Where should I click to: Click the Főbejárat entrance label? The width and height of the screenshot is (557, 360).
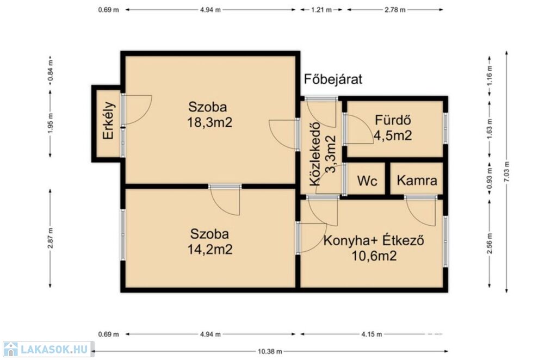pyautogui.click(x=333, y=79)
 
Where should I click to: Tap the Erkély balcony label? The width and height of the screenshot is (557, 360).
pyautogui.click(x=108, y=120)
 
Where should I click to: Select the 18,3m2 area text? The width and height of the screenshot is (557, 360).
pyautogui.click(x=209, y=122)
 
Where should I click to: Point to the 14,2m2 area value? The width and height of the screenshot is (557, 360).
pyautogui.click(x=210, y=249)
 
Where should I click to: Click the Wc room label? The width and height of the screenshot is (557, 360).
pyautogui.click(x=367, y=181)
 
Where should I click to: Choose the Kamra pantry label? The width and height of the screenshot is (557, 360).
pyautogui.click(x=417, y=181)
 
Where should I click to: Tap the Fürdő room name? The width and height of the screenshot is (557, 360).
pyautogui.click(x=393, y=120)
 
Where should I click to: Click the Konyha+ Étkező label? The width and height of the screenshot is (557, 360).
pyautogui.click(x=374, y=240)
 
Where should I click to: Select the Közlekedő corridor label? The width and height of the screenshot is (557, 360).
pyautogui.click(x=315, y=154)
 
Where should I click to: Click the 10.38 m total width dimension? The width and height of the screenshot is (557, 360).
pyautogui.click(x=270, y=351)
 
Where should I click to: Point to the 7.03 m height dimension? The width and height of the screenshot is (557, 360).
pyautogui.click(x=506, y=172)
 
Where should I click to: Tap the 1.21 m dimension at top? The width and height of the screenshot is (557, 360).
pyautogui.click(x=321, y=10)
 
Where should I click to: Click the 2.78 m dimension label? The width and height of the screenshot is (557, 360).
pyautogui.click(x=395, y=10)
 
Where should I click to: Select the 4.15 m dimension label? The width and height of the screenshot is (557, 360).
pyautogui.click(x=372, y=334)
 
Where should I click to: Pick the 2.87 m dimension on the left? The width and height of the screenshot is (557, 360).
pyautogui.click(x=50, y=238)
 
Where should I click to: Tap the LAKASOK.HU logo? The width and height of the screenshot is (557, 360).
pyautogui.click(x=48, y=349)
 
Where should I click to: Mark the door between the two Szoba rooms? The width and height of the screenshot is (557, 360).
pyautogui.click(x=225, y=186)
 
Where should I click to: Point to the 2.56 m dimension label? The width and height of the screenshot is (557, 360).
pyautogui.click(x=490, y=244)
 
